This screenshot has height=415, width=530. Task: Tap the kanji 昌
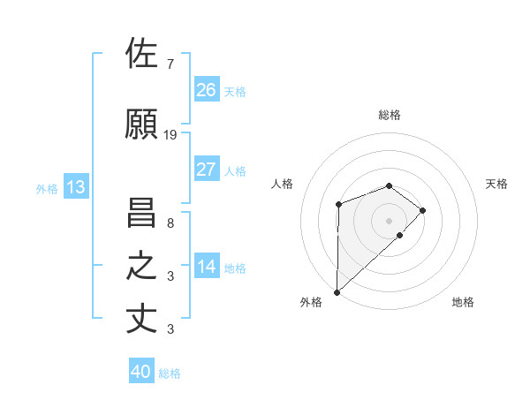(x=144, y=213)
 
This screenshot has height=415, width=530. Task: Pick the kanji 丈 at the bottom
(x=144, y=319)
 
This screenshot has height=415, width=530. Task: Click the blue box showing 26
(x=207, y=90)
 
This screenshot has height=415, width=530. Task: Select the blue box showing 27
(x=207, y=170)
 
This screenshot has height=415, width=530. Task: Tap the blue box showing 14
(x=207, y=267)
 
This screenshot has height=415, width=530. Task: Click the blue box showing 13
(x=75, y=187)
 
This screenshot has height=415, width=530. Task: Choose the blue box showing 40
(x=141, y=372)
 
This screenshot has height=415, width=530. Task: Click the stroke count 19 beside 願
(x=170, y=135)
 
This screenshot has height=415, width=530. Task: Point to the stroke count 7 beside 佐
(x=170, y=64)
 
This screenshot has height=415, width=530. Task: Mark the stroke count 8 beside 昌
(x=170, y=223)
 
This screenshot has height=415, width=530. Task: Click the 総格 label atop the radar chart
(x=389, y=115)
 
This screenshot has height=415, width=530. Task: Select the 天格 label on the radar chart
(x=497, y=184)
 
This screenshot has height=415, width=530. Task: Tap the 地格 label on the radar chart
(x=463, y=302)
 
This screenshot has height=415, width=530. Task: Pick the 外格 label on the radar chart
(x=311, y=302)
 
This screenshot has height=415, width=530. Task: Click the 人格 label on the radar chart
(x=283, y=184)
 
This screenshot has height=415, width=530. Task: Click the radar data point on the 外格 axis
(x=337, y=290)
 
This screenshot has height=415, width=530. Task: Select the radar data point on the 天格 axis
(x=423, y=210)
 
